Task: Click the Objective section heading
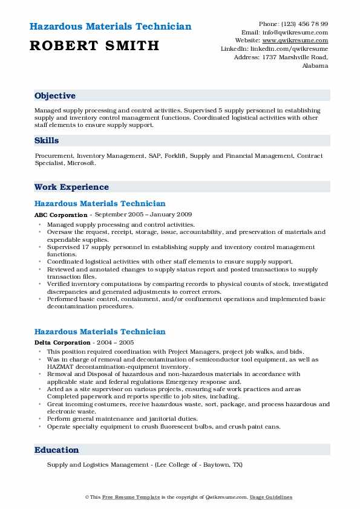tap(55, 96)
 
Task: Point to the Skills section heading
tap(47, 140)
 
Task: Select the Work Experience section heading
tap(71, 187)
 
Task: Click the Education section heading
tap(57, 450)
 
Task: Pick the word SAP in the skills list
tap(154, 156)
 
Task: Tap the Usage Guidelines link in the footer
tap(272, 497)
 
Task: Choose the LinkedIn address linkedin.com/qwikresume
tap(293, 48)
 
